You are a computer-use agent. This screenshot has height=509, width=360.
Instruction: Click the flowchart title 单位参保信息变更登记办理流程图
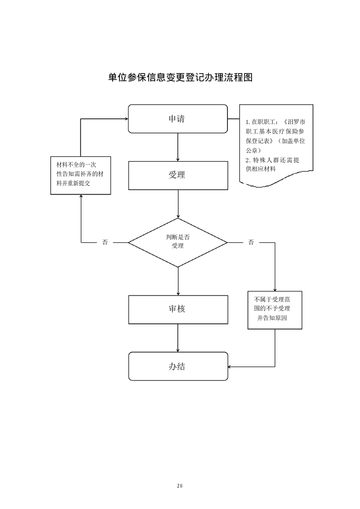click(x=180, y=77)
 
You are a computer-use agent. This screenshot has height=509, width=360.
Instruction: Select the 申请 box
click(x=178, y=119)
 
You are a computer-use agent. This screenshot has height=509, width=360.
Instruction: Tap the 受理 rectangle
click(x=178, y=175)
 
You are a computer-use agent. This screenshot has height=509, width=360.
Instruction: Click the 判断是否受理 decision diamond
click(x=178, y=242)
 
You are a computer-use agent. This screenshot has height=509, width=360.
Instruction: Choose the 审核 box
click(x=178, y=309)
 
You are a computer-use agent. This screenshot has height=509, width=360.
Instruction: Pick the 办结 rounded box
click(x=178, y=366)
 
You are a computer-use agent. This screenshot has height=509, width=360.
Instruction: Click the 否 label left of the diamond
click(x=105, y=243)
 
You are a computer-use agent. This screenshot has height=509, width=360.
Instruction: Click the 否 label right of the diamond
click(x=251, y=243)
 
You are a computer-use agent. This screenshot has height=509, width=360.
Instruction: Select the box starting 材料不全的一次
click(x=81, y=175)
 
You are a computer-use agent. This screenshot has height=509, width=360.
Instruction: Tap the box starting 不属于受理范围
click(x=275, y=309)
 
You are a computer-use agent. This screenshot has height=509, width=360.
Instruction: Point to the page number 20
click(x=180, y=486)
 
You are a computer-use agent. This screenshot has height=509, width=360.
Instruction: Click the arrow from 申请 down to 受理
click(x=178, y=147)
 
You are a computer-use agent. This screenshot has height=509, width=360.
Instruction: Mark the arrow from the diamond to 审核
click(x=178, y=281)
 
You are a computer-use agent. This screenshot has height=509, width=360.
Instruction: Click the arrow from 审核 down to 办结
click(x=178, y=338)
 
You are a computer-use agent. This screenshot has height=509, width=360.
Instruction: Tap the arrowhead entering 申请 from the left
click(x=126, y=119)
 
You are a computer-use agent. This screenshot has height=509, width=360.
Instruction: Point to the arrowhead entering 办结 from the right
click(x=230, y=366)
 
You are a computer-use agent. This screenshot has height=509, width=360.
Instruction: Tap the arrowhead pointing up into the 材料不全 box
click(x=81, y=197)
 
